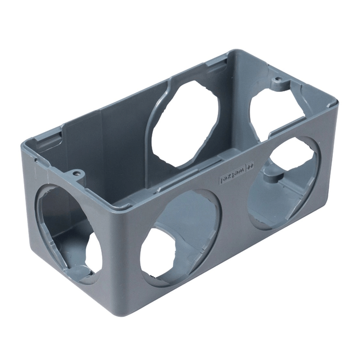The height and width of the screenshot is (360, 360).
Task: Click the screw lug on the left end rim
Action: click(76, 173)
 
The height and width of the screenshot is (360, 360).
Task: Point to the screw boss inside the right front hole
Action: click(272, 175)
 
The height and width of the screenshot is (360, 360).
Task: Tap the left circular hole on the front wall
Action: click(180, 238)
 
